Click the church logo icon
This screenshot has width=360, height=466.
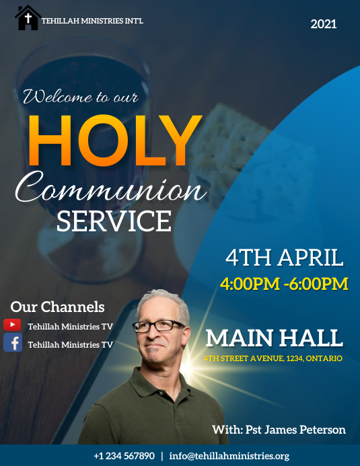28,17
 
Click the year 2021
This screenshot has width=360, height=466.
324,24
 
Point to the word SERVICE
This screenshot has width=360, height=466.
114,221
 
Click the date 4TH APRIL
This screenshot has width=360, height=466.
285,258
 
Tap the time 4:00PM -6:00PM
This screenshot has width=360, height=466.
284,283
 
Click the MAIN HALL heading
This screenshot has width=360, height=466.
274,337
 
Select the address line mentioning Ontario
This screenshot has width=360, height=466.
273,358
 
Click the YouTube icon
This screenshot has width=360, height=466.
12,325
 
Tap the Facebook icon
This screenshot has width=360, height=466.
12,343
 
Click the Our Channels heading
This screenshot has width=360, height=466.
57,307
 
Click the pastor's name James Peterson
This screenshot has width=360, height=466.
279,430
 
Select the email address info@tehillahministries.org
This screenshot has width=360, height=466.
229,456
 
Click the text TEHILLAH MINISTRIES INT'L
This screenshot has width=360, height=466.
92,21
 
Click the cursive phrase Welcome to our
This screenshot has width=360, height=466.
81,97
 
